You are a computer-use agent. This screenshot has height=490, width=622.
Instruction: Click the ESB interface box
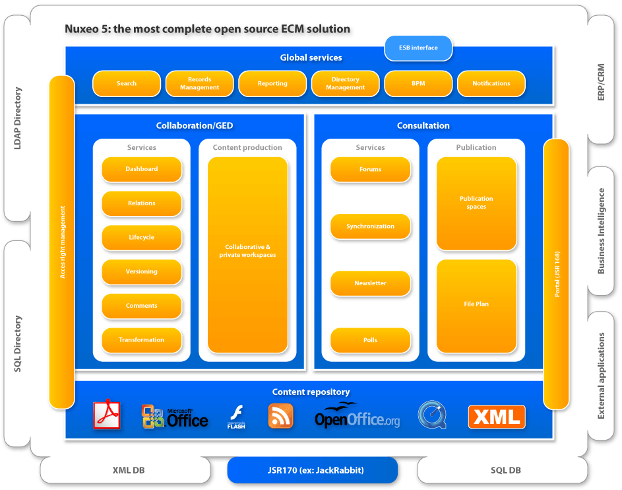point(419,48)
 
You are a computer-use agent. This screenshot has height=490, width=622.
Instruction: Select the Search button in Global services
point(127,84)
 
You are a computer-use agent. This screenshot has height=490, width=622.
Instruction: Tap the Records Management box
point(199,84)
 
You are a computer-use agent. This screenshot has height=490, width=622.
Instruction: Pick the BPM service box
point(418,84)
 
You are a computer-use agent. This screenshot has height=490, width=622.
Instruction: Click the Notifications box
point(491,84)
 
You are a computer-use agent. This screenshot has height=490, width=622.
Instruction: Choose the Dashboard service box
point(142,169)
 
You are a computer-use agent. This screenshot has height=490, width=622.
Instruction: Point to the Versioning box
point(142,271)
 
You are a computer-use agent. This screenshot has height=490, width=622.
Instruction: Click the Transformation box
point(142,340)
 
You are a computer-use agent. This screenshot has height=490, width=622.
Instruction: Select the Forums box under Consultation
point(370,170)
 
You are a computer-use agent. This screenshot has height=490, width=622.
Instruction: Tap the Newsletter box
point(370,283)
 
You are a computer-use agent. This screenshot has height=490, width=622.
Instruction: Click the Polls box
point(370,340)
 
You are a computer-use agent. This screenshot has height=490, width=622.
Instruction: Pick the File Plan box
point(476,305)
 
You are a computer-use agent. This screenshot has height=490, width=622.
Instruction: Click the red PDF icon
point(107,415)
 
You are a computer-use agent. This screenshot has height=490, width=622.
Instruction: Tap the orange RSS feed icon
point(280,416)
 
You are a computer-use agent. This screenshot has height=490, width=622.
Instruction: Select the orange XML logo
point(497,417)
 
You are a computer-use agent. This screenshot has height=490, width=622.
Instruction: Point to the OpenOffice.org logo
point(357,416)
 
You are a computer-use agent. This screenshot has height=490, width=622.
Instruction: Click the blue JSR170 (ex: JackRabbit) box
point(313,470)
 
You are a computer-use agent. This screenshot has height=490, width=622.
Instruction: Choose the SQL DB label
point(506,470)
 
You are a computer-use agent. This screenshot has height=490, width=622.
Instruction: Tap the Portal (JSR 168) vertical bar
point(556,273)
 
